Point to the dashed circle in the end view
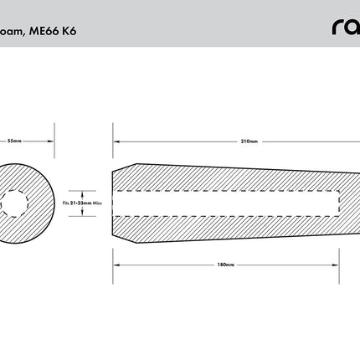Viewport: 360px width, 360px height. tap(13, 202)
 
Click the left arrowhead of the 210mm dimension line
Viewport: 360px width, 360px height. tap(115, 140)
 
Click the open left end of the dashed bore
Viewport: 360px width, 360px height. tap(113, 202)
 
